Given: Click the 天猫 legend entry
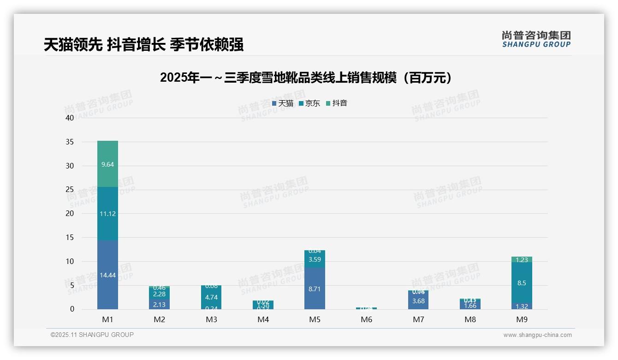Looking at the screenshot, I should tap(283, 103).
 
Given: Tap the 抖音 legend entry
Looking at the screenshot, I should tap(337, 103).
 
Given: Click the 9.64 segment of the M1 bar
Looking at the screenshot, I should tap(107, 164).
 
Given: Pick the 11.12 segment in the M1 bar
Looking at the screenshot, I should tap(107, 214).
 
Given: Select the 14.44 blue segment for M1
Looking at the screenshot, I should tap(107, 275).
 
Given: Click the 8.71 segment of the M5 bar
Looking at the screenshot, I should tap(315, 289).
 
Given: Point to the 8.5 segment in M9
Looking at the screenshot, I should tap(522, 283).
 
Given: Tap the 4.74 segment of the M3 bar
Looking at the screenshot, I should tap(211, 297).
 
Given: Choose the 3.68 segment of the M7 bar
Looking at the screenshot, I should tap(418, 301).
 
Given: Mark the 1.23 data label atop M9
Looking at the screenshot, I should tap(522, 260).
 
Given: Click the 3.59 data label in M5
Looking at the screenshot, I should tap(315, 259).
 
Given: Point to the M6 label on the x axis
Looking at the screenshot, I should tap(367, 319).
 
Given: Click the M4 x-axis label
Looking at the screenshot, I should tap(263, 319).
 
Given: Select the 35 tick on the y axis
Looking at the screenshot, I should tap(69, 142).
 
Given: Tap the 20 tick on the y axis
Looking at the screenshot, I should tap(69, 213).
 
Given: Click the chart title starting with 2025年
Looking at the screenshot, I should tap(306, 78).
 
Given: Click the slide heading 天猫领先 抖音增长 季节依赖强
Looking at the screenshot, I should tap(143, 44).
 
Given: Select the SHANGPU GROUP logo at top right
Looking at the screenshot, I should tap(536, 39).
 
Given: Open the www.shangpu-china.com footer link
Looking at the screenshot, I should tap(537, 335).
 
